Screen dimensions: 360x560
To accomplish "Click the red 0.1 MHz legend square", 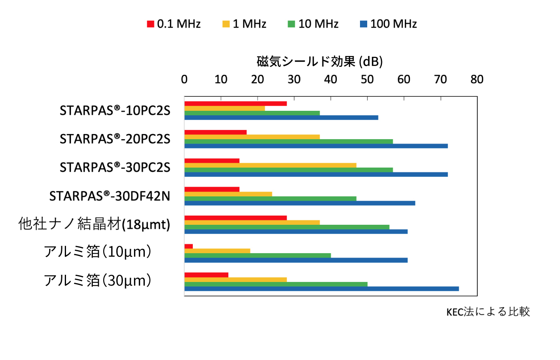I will tap(150, 24).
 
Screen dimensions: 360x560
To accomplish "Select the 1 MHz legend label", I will tap(250, 24).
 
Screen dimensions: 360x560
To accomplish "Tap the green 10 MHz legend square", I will tap(291, 24).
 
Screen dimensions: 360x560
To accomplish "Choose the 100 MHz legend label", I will tap(394, 24).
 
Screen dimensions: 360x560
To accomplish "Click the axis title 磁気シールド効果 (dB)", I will tap(320, 62).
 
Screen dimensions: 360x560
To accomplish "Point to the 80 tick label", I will tap(477, 79).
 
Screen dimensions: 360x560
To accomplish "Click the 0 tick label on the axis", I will tap(184, 79).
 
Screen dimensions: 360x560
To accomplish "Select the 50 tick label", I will tap(367, 79).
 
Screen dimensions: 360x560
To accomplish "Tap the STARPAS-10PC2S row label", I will tap(115, 110).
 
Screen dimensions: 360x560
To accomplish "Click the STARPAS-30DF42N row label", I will tap(110, 196).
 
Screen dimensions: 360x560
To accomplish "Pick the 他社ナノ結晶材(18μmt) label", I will tap(94, 224).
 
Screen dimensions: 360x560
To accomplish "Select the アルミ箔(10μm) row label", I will tap(98, 252).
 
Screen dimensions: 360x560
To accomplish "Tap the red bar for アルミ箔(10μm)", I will tap(188, 246).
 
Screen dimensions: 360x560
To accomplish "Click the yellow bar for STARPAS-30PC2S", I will tap(270, 165).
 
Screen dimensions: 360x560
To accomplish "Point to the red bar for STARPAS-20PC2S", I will tap(216, 132).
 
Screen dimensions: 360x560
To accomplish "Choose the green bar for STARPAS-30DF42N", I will tap(270, 198).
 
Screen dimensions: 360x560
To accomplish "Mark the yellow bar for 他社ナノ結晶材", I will tap(252, 222).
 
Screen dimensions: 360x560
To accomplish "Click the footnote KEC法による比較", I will tap(488, 312).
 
